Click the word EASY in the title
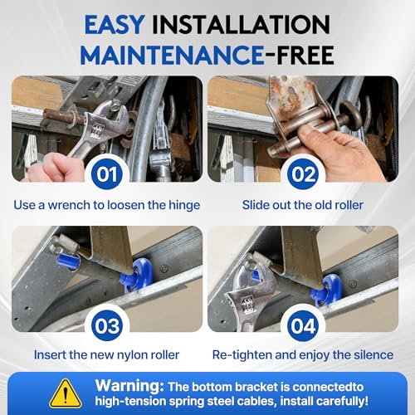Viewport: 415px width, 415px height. pyautogui.click(x=115, y=25)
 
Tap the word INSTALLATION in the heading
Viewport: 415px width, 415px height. pyautogui.click(x=241, y=25)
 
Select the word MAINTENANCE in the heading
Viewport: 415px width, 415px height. pyautogui.click(x=172, y=55)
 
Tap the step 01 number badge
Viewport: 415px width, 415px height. pyautogui.click(x=107, y=174)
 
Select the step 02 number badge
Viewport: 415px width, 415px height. pyautogui.click(x=303, y=174)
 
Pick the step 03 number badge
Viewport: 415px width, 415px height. pyautogui.click(x=107, y=325)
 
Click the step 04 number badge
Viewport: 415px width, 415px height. pyautogui.click(x=303, y=325)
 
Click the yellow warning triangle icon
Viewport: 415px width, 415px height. pyautogui.click(x=66, y=394)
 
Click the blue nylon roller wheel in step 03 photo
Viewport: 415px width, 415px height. pyautogui.click(x=138, y=275)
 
